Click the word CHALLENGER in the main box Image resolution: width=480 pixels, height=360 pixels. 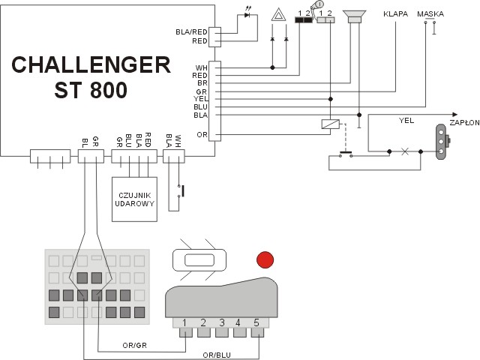[x=91, y=65]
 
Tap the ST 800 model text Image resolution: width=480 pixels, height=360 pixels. [x=91, y=90]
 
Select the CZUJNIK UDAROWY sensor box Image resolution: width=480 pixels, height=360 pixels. [x=134, y=199]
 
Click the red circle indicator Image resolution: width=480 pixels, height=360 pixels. [x=265, y=260]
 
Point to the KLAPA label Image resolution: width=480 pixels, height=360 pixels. [x=394, y=13]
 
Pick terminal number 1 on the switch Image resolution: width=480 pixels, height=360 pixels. [x=184, y=323]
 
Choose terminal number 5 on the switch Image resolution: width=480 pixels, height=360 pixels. [x=256, y=323]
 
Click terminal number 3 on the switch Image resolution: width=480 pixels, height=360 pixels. [x=221, y=323]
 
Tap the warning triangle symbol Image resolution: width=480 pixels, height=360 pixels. [x=278, y=14]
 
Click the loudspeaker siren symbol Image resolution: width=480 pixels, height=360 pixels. [x=353, y=16]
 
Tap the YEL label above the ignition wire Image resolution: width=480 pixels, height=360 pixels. [x=406, y=118]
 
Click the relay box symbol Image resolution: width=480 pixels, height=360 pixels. [x=328, y=125]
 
